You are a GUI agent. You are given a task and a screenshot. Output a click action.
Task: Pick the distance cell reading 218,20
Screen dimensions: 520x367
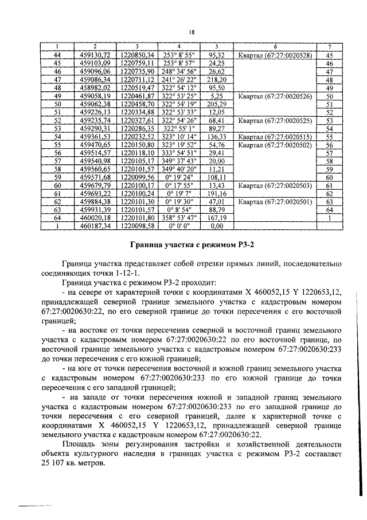point(217,80)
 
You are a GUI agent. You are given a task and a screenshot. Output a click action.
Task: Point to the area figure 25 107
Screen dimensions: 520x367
point(58,464)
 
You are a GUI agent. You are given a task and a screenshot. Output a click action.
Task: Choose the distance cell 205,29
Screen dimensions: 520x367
point(217,105)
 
